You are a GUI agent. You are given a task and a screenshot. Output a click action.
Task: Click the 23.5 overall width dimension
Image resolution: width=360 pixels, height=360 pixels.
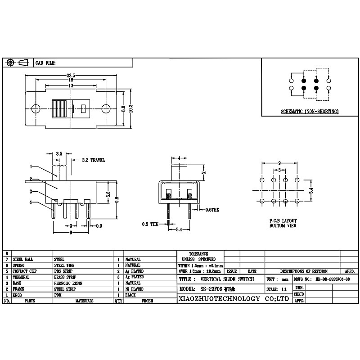click(x=71, y=75)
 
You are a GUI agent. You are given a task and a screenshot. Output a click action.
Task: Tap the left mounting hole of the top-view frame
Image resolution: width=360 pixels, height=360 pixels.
click(x=36, y=108)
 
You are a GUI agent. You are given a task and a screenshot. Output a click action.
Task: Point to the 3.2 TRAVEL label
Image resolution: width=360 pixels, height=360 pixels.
click(x=94, y=160)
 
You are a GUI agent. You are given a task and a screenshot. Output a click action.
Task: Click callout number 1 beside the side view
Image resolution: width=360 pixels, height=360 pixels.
click(x=31, y=166)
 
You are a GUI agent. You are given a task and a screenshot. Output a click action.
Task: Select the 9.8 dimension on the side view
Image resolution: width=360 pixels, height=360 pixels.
click(x=117, y=199)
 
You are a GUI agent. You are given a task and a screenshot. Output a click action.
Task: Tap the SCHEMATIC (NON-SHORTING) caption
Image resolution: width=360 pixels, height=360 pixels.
click(x=310, y=111)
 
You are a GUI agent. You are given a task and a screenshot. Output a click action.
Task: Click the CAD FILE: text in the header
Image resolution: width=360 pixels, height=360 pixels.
click(x=45, y=63)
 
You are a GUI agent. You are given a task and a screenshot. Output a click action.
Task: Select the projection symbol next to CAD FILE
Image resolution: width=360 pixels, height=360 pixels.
click(x=18, y=63)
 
